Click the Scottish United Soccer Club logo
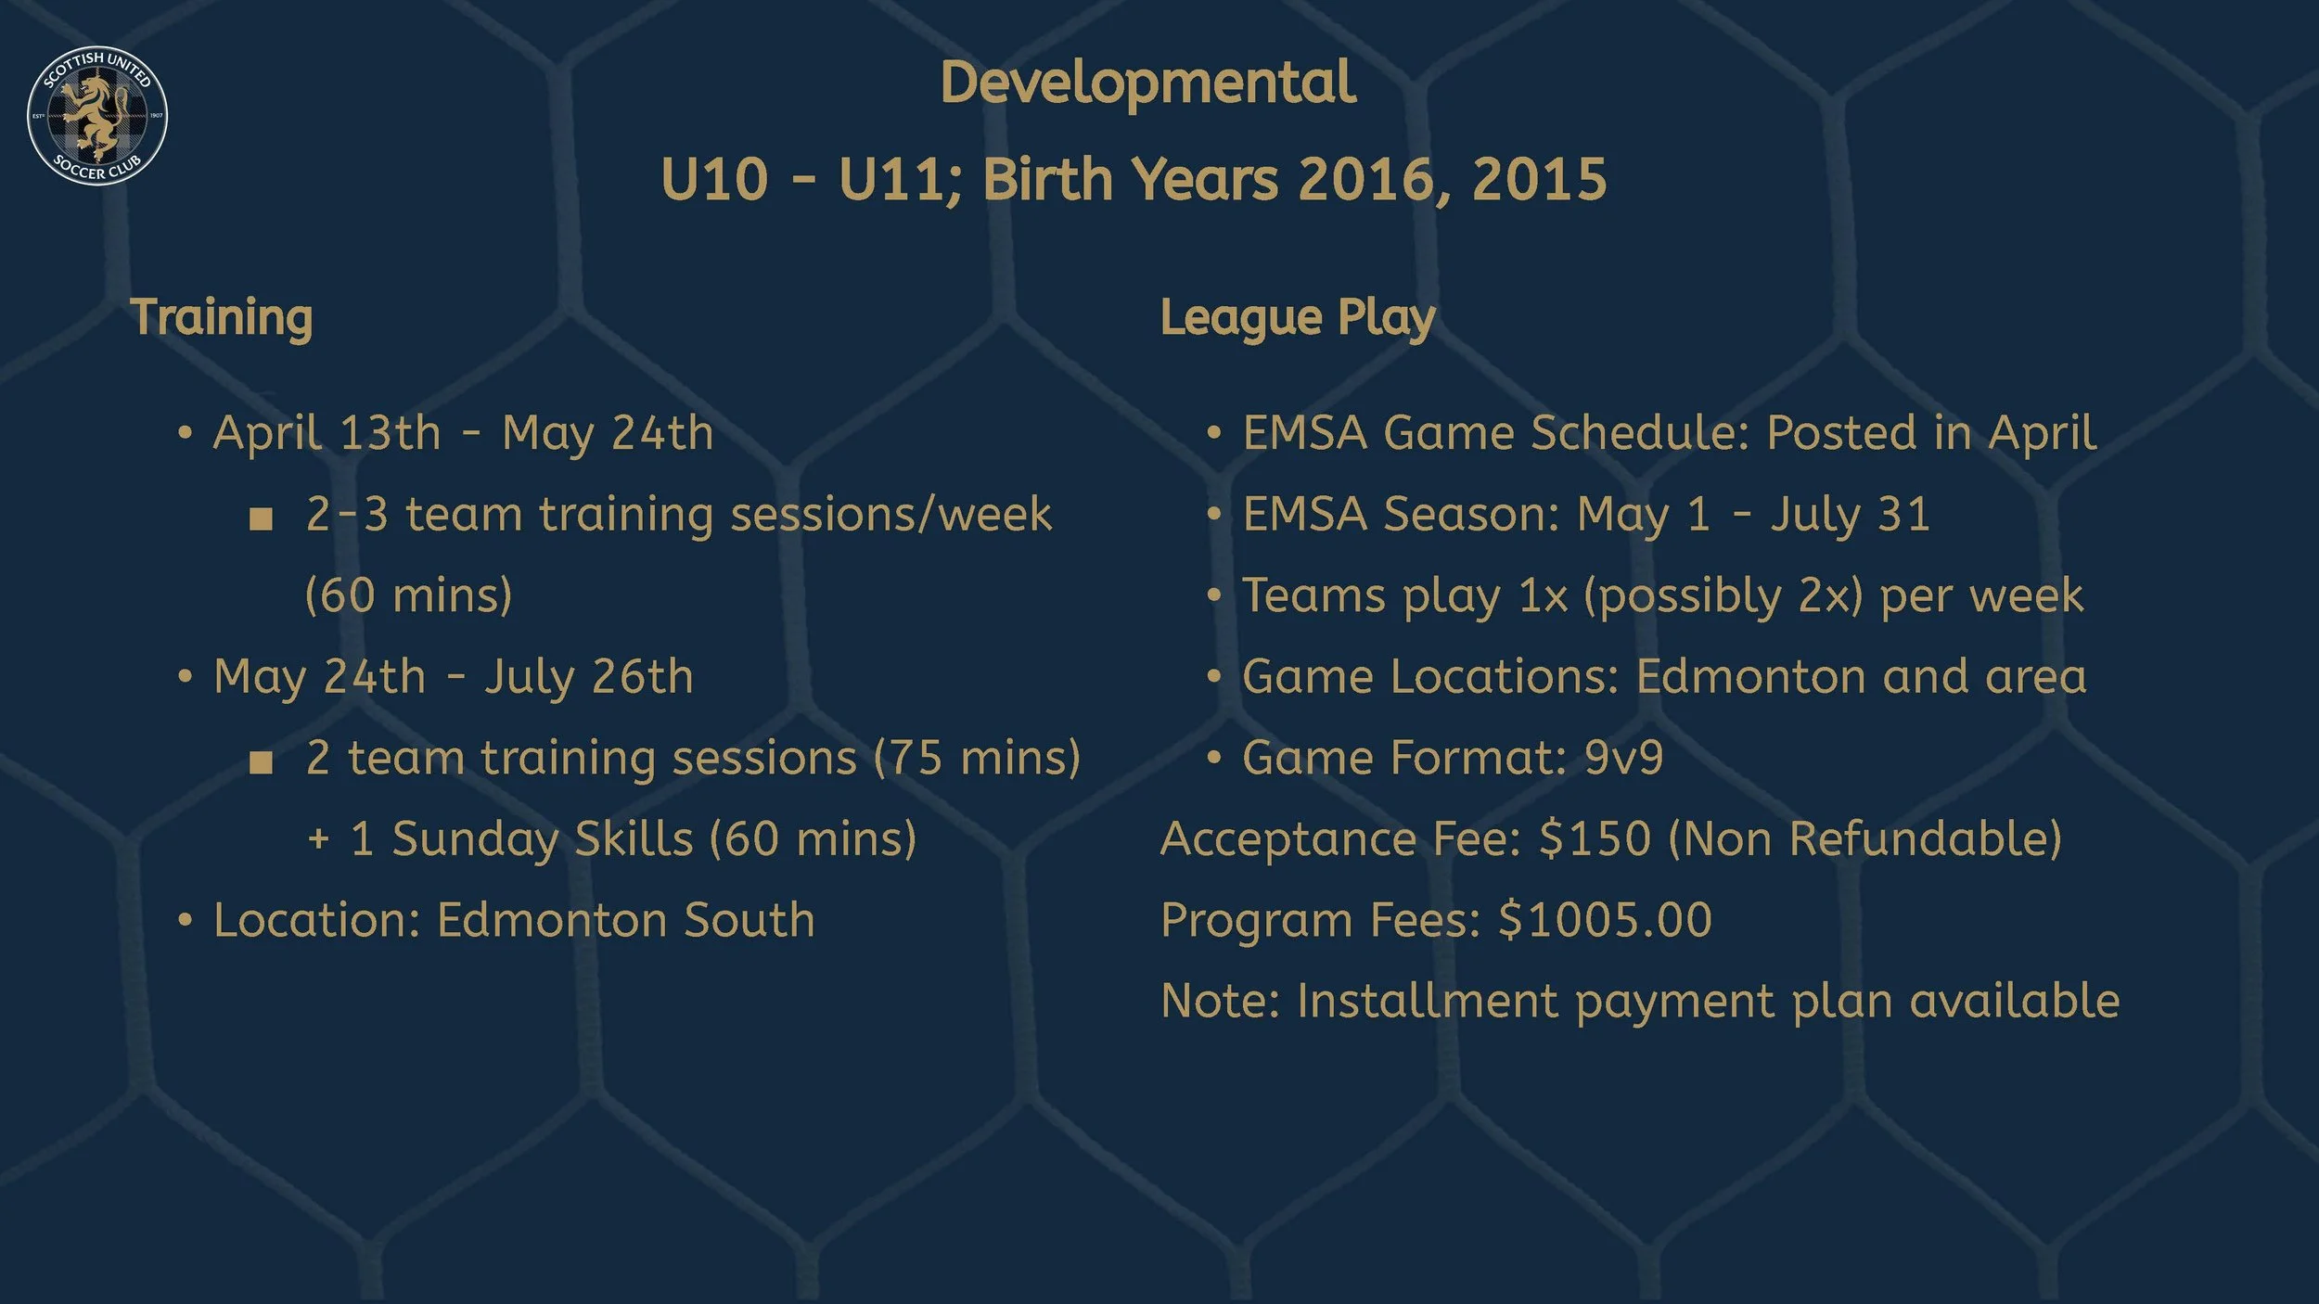[x=97, y=115]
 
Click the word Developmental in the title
[x=1147, y=83]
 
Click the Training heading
[x=222, y=318]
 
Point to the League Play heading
[x=1298, y=318]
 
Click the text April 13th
[x=327, y=433]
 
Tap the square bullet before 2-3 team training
[x=262, y=518]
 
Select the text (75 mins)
[x=978, y=759]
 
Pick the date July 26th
[x=589, y=677]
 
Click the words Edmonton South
[x=625, y=920]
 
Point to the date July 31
[x=1851, y=515]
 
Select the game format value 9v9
[x=1624, y=758]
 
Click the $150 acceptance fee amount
[x=1595, y=839]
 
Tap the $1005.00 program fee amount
[x=1605, y=920]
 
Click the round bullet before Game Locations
[x=1214, y=677]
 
